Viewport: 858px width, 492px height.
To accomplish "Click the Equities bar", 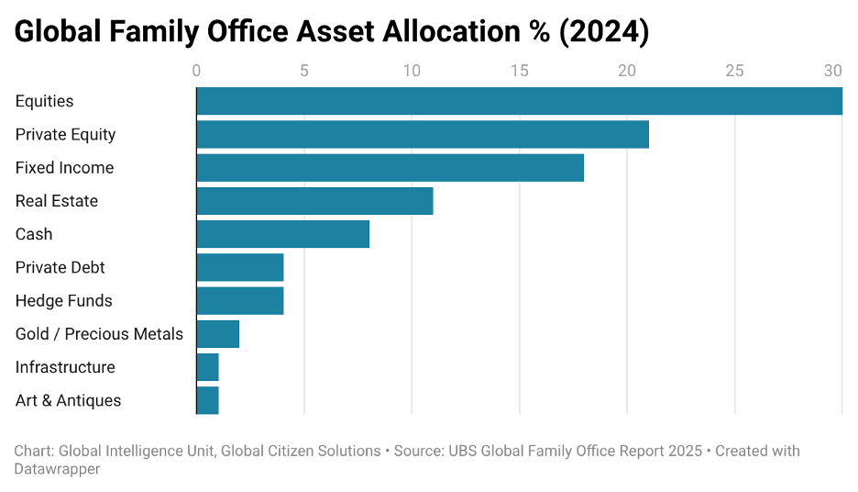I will (x=519, y=101).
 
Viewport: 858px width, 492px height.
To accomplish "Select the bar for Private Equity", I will (x=423, y=134).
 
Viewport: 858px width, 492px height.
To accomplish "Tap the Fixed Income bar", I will (x=390, y=168).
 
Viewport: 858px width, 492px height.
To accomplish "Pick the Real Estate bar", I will (x=314, y=201).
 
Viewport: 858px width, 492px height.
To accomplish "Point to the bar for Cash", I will (x=282, y=234).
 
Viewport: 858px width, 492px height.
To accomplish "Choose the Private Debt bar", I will (x=240, y=267).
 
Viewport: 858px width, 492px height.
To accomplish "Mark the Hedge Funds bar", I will (x=240, y=300).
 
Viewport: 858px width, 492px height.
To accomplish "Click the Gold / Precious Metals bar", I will (x=218, y=334).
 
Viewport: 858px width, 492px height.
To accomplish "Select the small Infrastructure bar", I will (x=207, y=367).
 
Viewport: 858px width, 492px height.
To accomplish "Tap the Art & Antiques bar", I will (x=207, y=400).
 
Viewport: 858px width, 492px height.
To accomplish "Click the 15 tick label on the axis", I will (x=519, y=71).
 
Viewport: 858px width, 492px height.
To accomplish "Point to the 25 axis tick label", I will (x=734, y=71).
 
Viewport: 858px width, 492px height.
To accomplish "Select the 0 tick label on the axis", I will (x=196, y=71).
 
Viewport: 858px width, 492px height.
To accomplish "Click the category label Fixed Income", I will (x=64, y=168).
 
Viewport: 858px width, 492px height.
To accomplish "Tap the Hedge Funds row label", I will (x=63, y=300).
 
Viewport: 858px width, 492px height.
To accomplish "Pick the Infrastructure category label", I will (x=65, y=367).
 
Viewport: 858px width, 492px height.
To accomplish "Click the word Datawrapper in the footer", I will (x=57, y=469).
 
